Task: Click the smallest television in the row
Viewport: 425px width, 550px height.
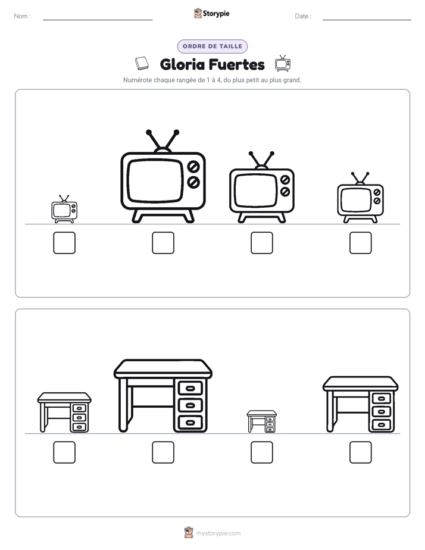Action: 64,209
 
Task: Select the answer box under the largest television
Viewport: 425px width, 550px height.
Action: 163,243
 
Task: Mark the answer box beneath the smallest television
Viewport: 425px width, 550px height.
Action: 64,243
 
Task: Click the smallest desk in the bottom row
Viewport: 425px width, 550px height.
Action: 261,421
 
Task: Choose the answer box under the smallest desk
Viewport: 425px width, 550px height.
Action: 261,452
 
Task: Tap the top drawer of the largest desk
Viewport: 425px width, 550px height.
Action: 190,388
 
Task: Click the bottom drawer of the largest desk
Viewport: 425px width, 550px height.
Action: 190,423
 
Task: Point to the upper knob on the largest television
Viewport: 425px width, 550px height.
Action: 193,167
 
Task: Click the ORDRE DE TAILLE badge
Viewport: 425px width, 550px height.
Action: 212,46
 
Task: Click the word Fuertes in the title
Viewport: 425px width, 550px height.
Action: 237,64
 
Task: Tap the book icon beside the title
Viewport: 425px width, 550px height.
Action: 142,64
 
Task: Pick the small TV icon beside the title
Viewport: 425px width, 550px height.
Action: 283,63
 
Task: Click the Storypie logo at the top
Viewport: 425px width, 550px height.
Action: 211,13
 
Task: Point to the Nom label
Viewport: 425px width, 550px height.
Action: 23,16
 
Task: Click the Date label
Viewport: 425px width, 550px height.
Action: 303,16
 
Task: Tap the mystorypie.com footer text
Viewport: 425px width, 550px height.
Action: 218,533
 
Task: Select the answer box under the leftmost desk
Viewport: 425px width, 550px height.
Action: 64,452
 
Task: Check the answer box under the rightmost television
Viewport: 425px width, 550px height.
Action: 361,243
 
